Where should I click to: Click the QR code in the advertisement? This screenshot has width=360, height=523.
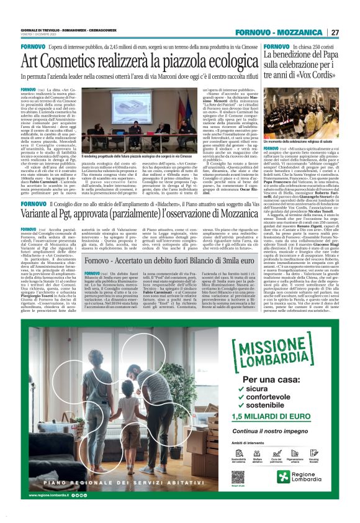point(238,477)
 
